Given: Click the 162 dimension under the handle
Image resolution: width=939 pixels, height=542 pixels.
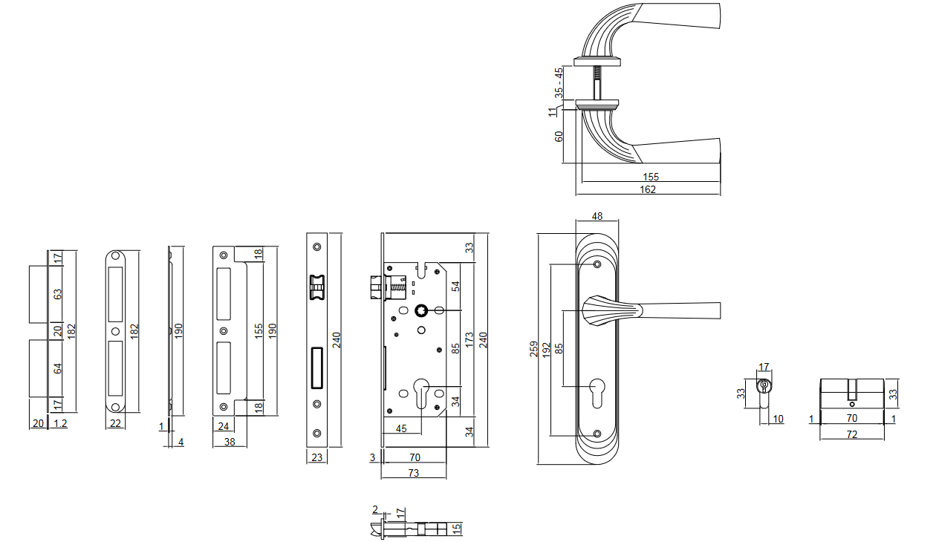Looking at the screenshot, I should (x=648, y=189).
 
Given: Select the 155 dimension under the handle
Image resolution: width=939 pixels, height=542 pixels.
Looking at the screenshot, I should (x=652, y=177).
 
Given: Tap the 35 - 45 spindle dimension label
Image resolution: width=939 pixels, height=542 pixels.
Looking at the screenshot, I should (x=559, y=82).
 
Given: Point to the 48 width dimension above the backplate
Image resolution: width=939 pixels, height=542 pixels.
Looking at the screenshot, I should (x=597, y=216).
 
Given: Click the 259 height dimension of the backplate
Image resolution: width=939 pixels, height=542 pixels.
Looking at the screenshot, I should (x=533, y=349).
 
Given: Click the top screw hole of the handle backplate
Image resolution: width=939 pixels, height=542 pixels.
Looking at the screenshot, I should (x=597, y=264).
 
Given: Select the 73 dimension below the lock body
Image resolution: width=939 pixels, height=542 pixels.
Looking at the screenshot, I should (x=414, y=472).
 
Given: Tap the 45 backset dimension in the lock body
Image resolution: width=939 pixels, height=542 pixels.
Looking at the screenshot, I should (x=401, y=428).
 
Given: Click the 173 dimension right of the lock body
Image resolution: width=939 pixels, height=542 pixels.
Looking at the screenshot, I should (x=469, y=342).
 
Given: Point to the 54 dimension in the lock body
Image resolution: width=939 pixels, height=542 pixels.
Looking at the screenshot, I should (x=456, y=286).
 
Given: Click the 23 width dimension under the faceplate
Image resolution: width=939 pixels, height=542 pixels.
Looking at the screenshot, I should (x=317, y=457).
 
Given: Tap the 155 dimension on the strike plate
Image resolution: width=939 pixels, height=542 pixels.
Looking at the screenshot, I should (x=257, y=330).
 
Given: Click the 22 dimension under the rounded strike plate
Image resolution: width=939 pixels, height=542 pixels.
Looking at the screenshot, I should (x=114, y=423).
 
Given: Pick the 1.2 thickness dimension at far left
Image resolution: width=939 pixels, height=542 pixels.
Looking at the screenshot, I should (x=60, y=423).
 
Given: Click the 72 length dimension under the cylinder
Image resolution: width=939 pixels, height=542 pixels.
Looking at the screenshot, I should (x=852, y=434).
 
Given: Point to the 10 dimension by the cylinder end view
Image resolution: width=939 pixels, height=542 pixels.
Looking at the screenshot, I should (x=778, y=419).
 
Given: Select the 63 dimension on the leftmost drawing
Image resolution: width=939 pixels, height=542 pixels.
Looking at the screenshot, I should (x=58, y=295).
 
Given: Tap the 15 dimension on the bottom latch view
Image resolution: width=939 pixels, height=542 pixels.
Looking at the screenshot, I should (x=457, y=529).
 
